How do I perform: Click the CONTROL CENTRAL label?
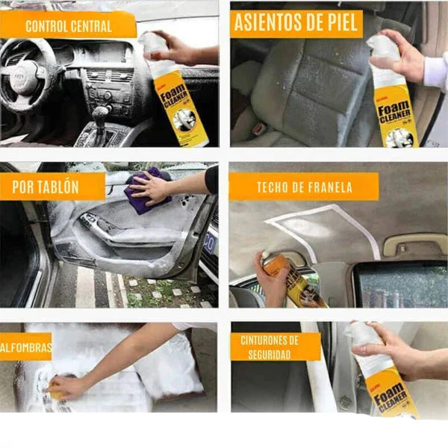click(x=68, y=26)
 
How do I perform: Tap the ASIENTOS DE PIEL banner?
click(x=296, y=23)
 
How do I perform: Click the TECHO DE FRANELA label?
click(x=304, y=187)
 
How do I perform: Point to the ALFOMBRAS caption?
click(x=26, y=346)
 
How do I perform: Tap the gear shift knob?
click(x=100, y=114)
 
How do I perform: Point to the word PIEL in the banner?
click(x=337, y=23)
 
